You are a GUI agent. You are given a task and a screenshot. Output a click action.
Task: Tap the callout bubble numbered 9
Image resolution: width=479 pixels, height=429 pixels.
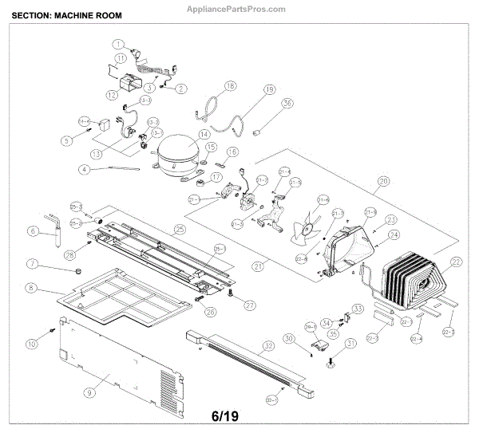pos(90,392)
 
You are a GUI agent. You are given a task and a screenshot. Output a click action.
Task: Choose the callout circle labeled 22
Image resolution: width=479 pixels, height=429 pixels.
pos(457,262)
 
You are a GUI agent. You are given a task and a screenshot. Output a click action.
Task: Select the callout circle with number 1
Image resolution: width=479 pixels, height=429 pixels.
pos(118,45)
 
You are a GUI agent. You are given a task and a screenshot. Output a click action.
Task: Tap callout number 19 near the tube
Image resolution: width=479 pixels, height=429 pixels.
pos(269,89)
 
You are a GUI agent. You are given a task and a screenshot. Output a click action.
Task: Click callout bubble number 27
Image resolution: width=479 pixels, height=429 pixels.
pos(250,305)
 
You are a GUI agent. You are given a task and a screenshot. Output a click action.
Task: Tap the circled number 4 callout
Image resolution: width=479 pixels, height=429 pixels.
pos(84,169)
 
